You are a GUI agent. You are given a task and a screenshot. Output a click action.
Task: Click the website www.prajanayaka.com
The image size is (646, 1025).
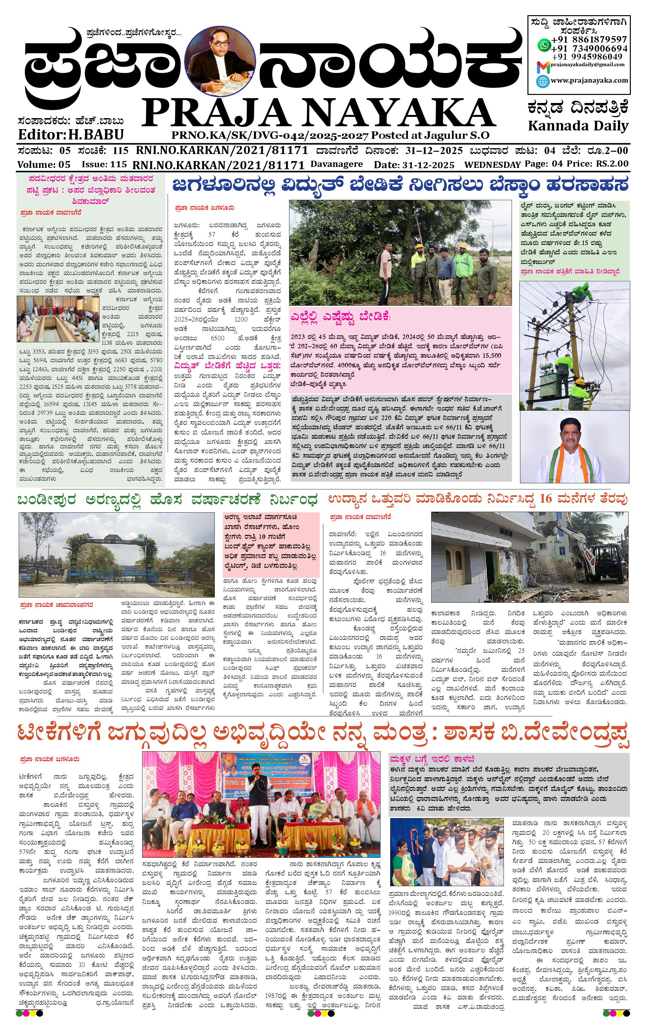[x=589, y=80]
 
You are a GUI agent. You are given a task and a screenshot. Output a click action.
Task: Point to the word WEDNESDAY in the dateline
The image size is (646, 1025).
[x=492, y=165]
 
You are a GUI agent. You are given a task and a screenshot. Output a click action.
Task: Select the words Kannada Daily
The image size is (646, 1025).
[x=578, y=126]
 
